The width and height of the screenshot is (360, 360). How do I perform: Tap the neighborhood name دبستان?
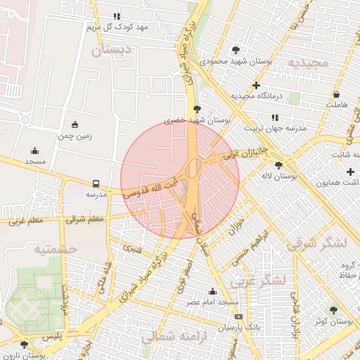pyautogui.click(x=111, y=51)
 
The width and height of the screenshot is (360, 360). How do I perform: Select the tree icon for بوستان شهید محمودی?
pyautogui.click(x=236, y=50)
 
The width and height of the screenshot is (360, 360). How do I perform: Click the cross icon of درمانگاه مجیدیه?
pyautogui.click(x=256, y=85)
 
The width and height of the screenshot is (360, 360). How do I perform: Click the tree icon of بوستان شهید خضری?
pyautogui.click(x=197, y=108)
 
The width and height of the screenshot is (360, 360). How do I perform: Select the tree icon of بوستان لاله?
pyautogui.click(x=279, y=165)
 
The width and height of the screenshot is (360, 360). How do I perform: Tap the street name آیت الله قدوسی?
pyautogui.click(x=150, y=185)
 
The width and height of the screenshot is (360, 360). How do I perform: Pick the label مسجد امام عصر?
pyautogui.click(x=213, y=302)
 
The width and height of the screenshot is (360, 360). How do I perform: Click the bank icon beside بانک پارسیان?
pyautogui.click(x=238, y=317)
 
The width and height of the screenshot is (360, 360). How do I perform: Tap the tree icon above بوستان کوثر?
pyautogui.click(x=333, y=310)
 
